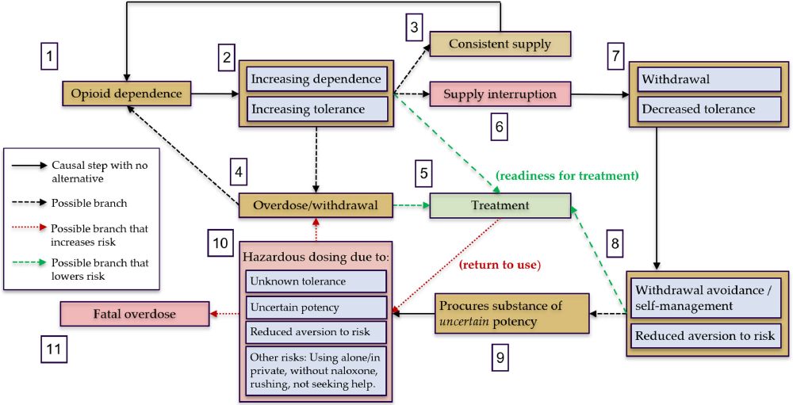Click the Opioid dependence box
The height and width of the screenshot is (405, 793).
point(126,94)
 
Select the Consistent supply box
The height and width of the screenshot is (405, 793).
point(500,44)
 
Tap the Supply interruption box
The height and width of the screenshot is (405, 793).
point(500,94)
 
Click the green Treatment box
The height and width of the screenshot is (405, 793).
point(500,205)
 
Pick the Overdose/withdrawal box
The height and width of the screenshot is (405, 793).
point(316,205)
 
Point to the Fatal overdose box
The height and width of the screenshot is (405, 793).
point(135,314)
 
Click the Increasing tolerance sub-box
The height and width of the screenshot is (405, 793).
point(317,109)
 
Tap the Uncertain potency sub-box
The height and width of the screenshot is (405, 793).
point(316,308)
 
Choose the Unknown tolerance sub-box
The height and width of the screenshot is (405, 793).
point(316,281)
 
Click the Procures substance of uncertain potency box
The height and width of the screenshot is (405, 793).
point(511,314)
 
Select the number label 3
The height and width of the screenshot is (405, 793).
point(413,26)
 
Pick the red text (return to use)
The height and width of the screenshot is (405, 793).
point(500,265)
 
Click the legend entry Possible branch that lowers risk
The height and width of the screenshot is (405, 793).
point(95,269)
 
